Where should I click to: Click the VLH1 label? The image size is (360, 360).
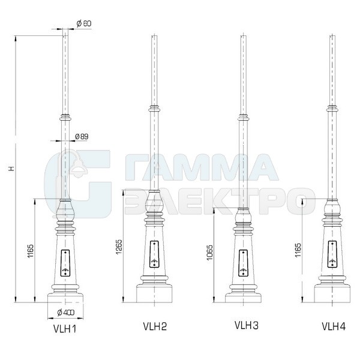tap(65, 329)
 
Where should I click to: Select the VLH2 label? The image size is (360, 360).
tap(155, 326)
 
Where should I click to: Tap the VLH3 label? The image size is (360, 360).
tap(247, 325)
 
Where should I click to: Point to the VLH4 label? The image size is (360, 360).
tap(334, 326)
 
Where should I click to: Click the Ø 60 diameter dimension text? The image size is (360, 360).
tap(84, 23)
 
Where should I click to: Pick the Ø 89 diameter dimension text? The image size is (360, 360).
tap(82, 137)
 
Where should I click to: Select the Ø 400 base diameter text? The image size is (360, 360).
tap(65, 312)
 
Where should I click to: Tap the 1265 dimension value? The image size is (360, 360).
tap(119, 247)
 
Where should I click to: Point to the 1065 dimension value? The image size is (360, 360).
tap(210, 253)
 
